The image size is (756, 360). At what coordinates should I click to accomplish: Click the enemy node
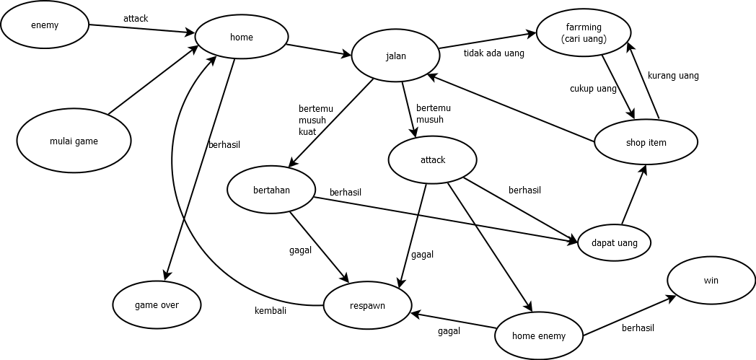pyautogui.click(x=45, y=25)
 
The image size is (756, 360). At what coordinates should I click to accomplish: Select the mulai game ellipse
pyautogui.click(x=74, y=141)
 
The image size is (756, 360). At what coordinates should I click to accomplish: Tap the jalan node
pyautogui.click(x=395, y=56)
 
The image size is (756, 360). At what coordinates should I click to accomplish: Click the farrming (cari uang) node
pyautogui.click(x=584, y=33)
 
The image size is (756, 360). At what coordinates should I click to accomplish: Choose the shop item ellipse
pyautogui.click(x=646, y=142)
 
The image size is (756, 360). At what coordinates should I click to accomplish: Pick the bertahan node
pyautogui.click(x=271, y=190)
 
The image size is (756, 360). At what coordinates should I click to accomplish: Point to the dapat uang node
pyautogui.click(x=614, y=243)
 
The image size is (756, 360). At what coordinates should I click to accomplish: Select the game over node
pyautogui.click(x=157, y=304)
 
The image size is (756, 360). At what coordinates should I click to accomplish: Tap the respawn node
pyautogui.click(x=367, y=305)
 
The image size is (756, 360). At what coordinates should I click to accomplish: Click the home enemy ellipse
pyautogui.click(x=538, y=335)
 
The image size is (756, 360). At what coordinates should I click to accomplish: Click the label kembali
pyautogui.click(x=271, y=311)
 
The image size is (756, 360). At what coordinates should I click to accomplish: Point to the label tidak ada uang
pyautogui.click(x=493, y=53)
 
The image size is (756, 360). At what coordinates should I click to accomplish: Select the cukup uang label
pyautogui.click(x=593, y=89)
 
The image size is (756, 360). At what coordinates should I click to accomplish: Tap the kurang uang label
pyautogui.click(x=672, y=75)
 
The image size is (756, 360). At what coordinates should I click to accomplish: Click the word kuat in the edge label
pyautogui.click(x=307, y=131)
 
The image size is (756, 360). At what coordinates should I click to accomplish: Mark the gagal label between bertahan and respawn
pyautogui.click(x=300, y=250)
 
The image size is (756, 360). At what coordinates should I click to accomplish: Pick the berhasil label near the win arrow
pyautogui.click(x=638, y=328)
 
